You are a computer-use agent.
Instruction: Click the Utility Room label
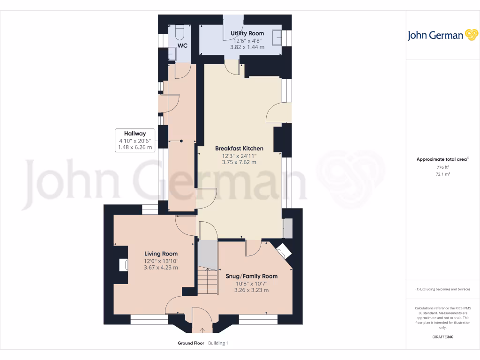247,33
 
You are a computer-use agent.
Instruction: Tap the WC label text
182,46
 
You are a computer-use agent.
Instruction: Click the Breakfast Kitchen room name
239,149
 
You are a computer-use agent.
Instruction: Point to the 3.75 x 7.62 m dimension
239,162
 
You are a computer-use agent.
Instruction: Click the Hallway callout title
135,134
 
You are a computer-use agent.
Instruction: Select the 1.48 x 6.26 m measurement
135,147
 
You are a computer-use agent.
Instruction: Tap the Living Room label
161,254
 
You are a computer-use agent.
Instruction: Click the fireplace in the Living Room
123,265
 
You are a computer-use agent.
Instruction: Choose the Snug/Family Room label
251,276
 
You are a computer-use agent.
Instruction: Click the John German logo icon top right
471,35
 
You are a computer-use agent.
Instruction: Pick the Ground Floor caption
191,343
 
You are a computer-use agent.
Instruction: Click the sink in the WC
172,55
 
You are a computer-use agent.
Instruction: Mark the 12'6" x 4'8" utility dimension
247,40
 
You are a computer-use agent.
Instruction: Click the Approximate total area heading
442,159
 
